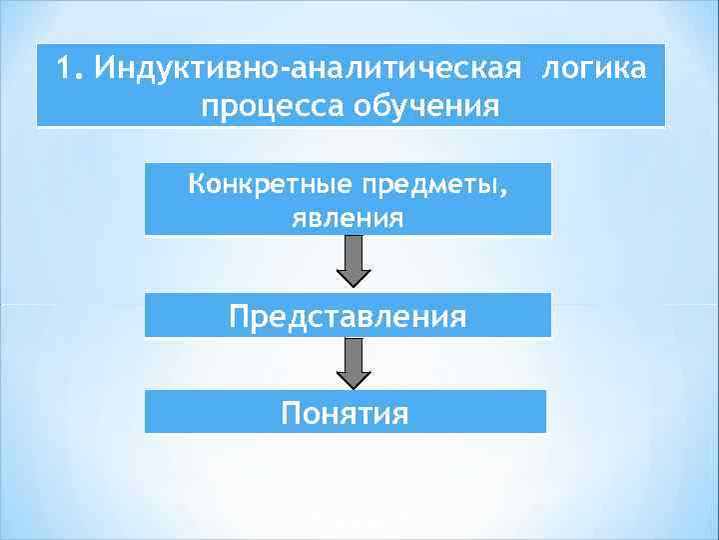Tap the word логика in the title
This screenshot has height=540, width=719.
[593, 69]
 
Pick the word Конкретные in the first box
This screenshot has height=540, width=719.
[256, 184]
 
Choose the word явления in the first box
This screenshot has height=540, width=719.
[348, 217]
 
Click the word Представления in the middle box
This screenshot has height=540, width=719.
[348, 317]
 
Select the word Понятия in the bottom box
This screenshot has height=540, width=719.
[346, 412]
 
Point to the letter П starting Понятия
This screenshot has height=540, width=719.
[291, 412]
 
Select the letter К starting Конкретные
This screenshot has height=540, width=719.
[195, 184]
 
